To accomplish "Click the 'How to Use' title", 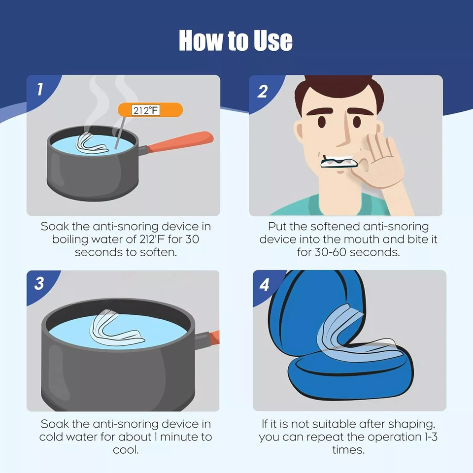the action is (x=236, y=40).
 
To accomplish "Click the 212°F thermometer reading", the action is (x=146, y=110).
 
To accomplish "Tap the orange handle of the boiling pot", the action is (x=180, y=141).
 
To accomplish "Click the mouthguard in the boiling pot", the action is (x=92, y=144).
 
